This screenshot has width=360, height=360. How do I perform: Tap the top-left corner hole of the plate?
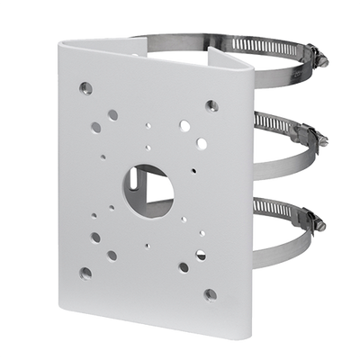pos(85,87)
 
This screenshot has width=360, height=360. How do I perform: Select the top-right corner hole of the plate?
pos(211,106)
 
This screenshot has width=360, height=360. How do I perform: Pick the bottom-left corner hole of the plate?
pos(85,272)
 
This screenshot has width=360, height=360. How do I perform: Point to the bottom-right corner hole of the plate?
pos(210,294)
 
